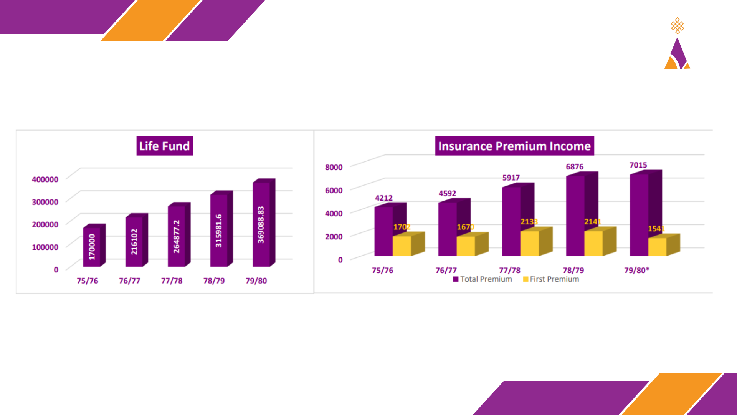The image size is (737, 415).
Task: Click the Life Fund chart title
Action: click(x=164, y=146)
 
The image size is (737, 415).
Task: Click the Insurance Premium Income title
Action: click(x=514, y=146)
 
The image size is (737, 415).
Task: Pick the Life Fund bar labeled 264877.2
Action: click(x=177, y=236)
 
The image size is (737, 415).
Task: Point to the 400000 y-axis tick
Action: click(x=45, y=179)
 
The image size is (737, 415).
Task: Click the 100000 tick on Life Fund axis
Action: click(x=45, y=247)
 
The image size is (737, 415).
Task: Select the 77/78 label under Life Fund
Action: click(x=172, y=281)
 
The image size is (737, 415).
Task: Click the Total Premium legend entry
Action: click(x=483, y=279)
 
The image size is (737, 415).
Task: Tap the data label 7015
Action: click(x=638, y=165)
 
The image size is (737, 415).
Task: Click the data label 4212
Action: click(x=383, y=198)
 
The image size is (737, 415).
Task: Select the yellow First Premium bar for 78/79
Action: click(x=593, y=244)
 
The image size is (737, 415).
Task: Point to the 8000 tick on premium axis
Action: click(x=334, y=167)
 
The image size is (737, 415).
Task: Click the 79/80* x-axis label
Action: click(x=636, y=270)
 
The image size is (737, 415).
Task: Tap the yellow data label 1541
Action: click(x=656, y=229)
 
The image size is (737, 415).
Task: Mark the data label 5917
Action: click(x=511, y=178)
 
